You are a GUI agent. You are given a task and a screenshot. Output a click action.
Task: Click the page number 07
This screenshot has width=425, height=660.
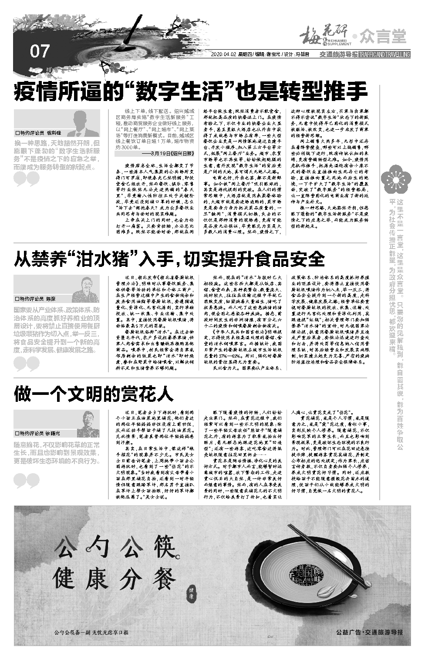coord(40,52)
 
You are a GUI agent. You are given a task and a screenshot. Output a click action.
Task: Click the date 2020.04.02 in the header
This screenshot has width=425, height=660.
coord(223,55)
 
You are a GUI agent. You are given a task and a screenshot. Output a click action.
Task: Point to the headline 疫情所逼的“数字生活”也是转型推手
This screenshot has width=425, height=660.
coord(191,91)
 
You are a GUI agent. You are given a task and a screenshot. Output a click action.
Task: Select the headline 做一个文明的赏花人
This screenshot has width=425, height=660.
coord(94,394)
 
